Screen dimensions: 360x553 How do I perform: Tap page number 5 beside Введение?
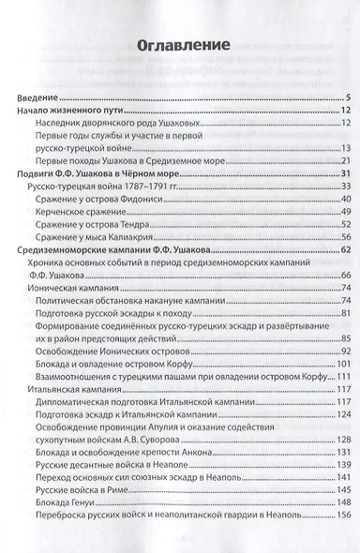[x=347, y=98]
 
